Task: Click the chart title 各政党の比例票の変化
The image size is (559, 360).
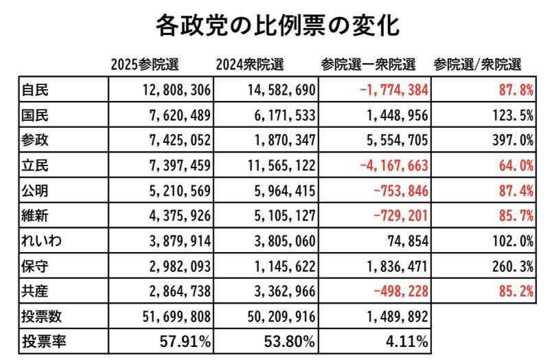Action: (278, 26)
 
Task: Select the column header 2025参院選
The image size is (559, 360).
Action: (145, 65)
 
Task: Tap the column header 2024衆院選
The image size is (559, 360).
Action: (249, 65)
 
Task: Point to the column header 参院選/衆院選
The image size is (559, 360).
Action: (477, 65)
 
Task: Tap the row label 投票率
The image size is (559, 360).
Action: (43, 341)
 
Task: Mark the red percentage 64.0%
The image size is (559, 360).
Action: (512, 166)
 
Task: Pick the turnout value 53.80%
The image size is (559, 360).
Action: (288, 341)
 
